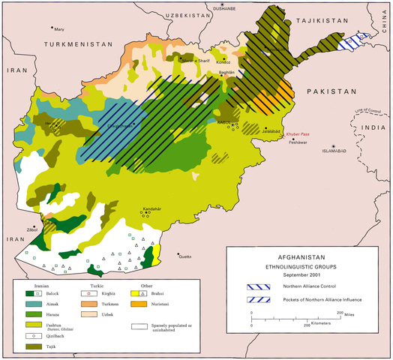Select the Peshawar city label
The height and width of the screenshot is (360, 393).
coord(298,142)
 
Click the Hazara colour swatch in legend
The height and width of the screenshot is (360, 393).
coord(34,316)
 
